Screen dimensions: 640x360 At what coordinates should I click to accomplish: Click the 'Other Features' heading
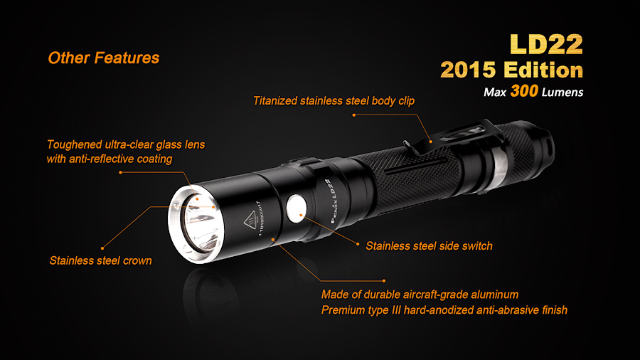(104, 58)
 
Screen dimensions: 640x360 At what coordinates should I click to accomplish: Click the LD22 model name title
(547, 44)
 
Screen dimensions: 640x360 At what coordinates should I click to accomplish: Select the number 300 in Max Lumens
(524, 91)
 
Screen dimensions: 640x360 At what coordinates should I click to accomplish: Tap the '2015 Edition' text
(512, 70)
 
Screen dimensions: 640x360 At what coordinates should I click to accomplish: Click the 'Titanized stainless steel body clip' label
(334, 101)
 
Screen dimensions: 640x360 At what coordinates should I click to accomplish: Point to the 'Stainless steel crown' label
(100, 261)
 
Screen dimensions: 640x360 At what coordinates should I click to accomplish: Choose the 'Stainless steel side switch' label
(429, 246)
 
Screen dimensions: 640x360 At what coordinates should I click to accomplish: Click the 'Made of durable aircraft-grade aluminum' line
(420, 295)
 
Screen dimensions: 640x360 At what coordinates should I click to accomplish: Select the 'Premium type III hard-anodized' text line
(444, 310)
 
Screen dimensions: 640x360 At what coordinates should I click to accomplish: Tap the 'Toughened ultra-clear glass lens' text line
(126, 144)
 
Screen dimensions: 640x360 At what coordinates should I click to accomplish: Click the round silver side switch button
(297, 208)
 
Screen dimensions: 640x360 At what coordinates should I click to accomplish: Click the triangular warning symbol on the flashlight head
(250, 221)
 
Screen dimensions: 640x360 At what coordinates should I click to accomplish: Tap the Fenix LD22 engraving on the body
(331, 201)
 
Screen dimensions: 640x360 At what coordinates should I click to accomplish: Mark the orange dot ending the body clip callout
(354, 115)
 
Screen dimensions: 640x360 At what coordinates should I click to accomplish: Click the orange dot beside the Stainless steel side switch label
(358, 244)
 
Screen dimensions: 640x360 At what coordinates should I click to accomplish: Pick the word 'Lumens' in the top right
(562, 92)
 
